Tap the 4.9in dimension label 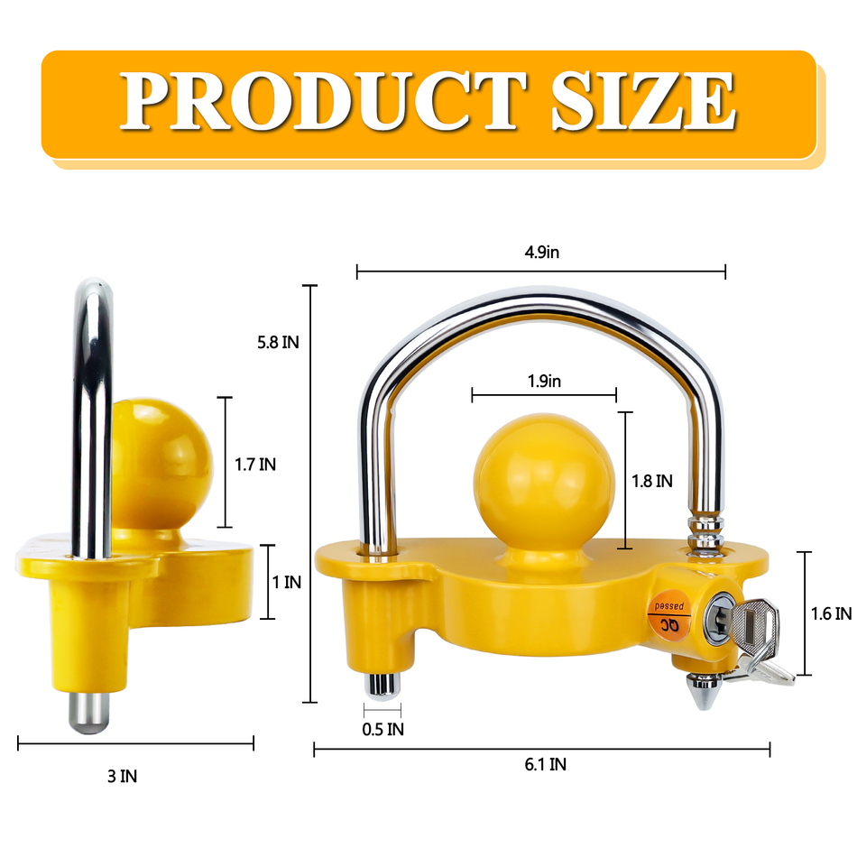[x=541, y=253]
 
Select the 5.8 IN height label [x=279, y=342]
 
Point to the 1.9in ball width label [x=544, y=382]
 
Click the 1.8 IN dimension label [x=652, y=482]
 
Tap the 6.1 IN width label [x=545, y=765]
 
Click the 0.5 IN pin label [x=383, y=729]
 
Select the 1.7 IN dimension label [x=255, y=465]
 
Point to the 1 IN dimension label [x=287, y=582]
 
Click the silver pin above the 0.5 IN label [x=382, y=685]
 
